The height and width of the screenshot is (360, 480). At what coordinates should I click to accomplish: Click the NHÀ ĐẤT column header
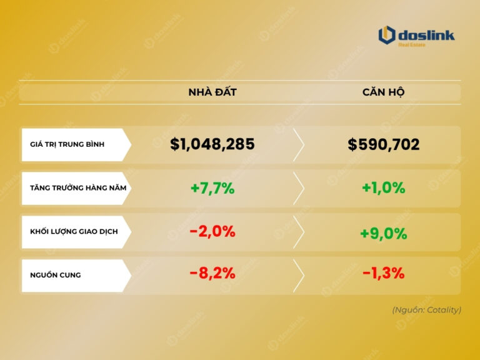(212, 92)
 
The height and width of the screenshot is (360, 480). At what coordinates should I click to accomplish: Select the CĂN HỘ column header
(384, 92)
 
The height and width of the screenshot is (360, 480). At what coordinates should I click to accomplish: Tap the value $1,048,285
(212, 144)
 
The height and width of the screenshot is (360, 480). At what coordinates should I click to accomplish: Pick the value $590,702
(384, 145)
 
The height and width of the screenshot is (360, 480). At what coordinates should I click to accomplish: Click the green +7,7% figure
(212, 188)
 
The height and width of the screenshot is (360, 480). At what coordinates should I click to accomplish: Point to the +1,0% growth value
(384, 188)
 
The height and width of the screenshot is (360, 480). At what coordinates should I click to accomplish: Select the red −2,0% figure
(212, 231)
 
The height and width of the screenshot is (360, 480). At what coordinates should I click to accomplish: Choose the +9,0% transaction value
(384, 234)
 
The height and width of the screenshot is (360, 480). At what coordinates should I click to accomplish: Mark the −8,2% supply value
(212, 273)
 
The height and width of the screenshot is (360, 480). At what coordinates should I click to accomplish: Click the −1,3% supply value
(384, 273)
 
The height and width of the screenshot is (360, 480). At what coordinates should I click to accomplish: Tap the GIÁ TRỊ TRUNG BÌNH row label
(67, 144)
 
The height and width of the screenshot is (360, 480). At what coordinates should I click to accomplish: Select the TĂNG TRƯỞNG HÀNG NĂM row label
(73, 188)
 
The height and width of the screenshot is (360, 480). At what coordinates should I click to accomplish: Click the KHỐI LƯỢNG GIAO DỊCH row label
(73, 232)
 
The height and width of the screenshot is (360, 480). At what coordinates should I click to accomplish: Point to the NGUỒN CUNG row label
(55, 275)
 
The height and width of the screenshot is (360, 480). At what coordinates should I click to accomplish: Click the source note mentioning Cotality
(426, 309)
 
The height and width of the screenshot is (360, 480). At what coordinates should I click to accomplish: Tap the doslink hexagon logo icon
(387, 35)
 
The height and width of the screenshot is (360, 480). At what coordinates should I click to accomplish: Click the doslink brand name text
(427, 35)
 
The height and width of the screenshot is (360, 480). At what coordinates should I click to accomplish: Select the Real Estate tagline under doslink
(412, 45)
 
